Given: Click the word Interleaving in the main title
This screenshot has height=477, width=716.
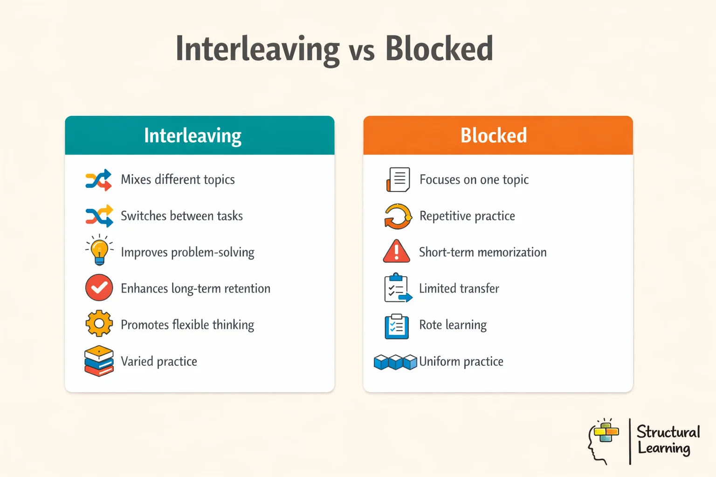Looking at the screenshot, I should coord(257,49).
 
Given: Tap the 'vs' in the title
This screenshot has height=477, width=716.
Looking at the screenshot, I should coord(362,51).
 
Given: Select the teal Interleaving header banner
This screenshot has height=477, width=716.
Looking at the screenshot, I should coord(200,136).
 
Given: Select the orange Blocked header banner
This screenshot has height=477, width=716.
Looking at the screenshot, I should coord(498,136).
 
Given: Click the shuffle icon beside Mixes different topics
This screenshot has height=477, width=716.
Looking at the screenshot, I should coord(99,180).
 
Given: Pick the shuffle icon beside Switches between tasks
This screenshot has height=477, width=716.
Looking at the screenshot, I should coord(99,216).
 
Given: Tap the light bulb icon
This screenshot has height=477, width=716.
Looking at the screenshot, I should coord(99,251).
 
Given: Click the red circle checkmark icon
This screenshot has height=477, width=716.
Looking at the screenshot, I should coord(99,288).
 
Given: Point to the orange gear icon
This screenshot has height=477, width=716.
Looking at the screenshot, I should coord(99,324).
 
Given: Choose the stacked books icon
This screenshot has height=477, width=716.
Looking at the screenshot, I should coord(99,361).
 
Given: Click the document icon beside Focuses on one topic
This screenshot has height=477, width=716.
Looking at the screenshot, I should coord(398,180).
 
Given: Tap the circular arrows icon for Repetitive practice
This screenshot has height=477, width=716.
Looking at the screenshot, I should coord(398,217).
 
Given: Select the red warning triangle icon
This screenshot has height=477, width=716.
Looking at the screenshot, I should coord(396,252).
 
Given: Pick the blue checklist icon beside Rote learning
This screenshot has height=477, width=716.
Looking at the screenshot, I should coord(397,326).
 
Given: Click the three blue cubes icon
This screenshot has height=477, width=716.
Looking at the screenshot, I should coord(395,362).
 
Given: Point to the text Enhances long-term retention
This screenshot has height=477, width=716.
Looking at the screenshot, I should coord(195,289).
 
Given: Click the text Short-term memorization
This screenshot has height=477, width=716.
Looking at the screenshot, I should coord(482,252).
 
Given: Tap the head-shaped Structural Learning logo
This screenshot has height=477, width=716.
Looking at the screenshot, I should coord(603,440).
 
